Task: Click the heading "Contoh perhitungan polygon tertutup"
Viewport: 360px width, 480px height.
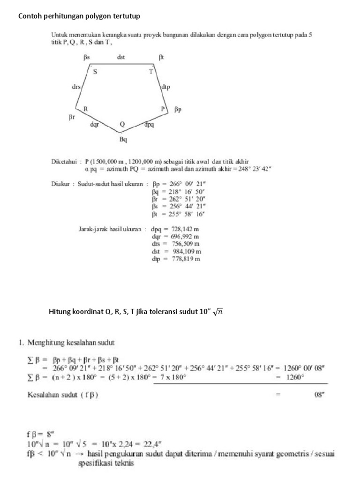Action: click(x=79, y=16)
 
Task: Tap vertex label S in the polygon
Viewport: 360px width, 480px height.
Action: click(x=95, y=72)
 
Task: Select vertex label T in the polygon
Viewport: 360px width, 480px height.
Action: click(x=151, y=72)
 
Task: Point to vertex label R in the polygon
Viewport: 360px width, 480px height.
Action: click(x=86, y=109)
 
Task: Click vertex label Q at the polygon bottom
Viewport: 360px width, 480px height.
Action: click(x=122, y=125)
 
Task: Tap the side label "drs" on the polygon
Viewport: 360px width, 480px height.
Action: click(x=76, y=87)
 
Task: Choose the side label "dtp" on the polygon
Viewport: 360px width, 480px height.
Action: click(x=165, y=87)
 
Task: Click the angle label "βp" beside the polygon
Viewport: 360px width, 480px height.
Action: click(x=178, y=110)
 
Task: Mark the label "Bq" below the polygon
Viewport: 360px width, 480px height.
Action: click(x=123, y=139)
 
